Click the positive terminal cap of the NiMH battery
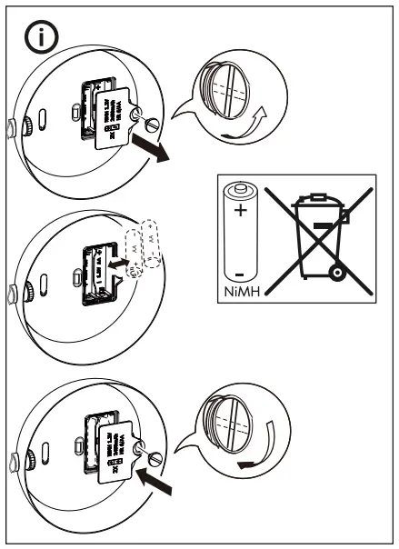point(241,187)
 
